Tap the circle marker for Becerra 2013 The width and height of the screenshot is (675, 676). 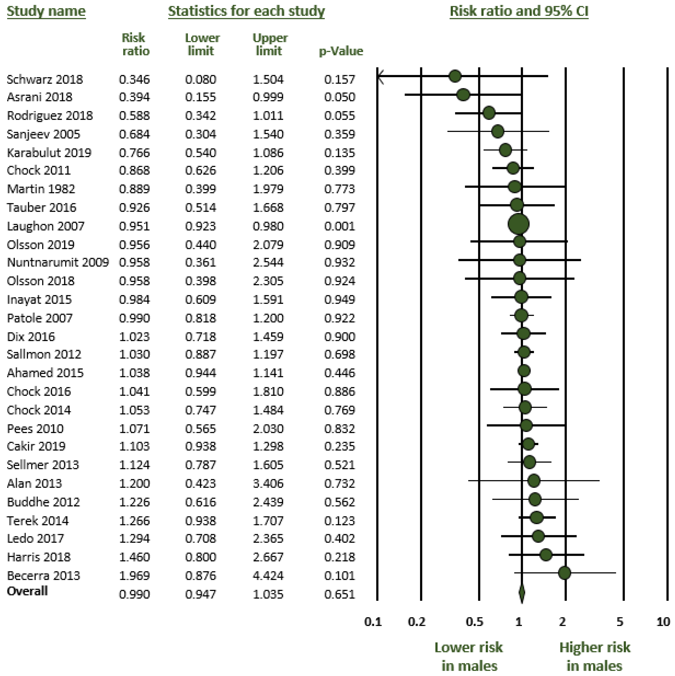565,573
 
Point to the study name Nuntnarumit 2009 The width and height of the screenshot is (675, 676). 58,262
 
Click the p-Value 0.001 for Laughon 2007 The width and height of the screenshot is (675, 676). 339,226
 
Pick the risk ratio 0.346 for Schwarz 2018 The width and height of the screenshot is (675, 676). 134,79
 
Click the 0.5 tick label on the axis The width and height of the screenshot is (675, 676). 475,622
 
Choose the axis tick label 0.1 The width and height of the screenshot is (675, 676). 373,622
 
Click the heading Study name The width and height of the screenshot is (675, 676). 46,11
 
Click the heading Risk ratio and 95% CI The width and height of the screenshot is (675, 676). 519,11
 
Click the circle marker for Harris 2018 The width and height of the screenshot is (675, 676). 546,555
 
